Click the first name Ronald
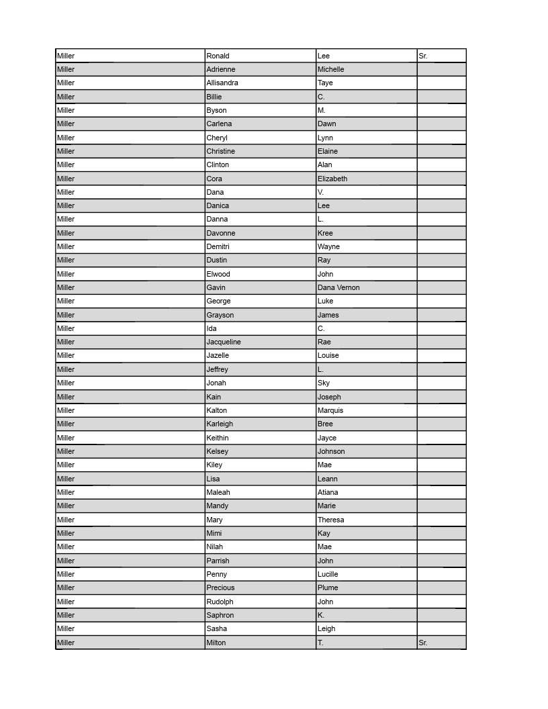pyautogui.click(x=218, y=56)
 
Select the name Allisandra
pyautogui.click(x=222, y=83)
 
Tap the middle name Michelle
pyautogui.click(x=330, y=69)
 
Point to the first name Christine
pyautogui.click(x=220, y=151)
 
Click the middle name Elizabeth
pyautogui.click(x=332, y=179)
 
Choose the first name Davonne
pyautogui.click(x=221, y=233)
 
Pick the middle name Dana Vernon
pyautogui.click(x=338, y=287)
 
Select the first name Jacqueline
pyautogui.click(x=224, y=342)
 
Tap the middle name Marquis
pyautogui.click(x=330, y=410)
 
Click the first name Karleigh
pyautogui.click(x=220, y=424)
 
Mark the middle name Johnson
pyautogui.click(x=331, y=451)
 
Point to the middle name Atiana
pyautogui.click(x=328, y=492)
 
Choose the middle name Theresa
pyautogui.click(x=330, y=520)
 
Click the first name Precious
pyautogui.click(x=220, y=587)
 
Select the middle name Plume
pyautogui.click(x=328, y=587)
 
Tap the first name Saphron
pyautogui.click(x=220, y=615)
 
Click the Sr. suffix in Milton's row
pyautogui.click(x=423, y=643)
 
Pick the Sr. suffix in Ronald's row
pyautogui.click(x=423, y=56)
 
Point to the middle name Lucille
pyautogui.click(x=328, y=574)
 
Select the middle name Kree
pyautogui.click(x=325, y=233)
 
